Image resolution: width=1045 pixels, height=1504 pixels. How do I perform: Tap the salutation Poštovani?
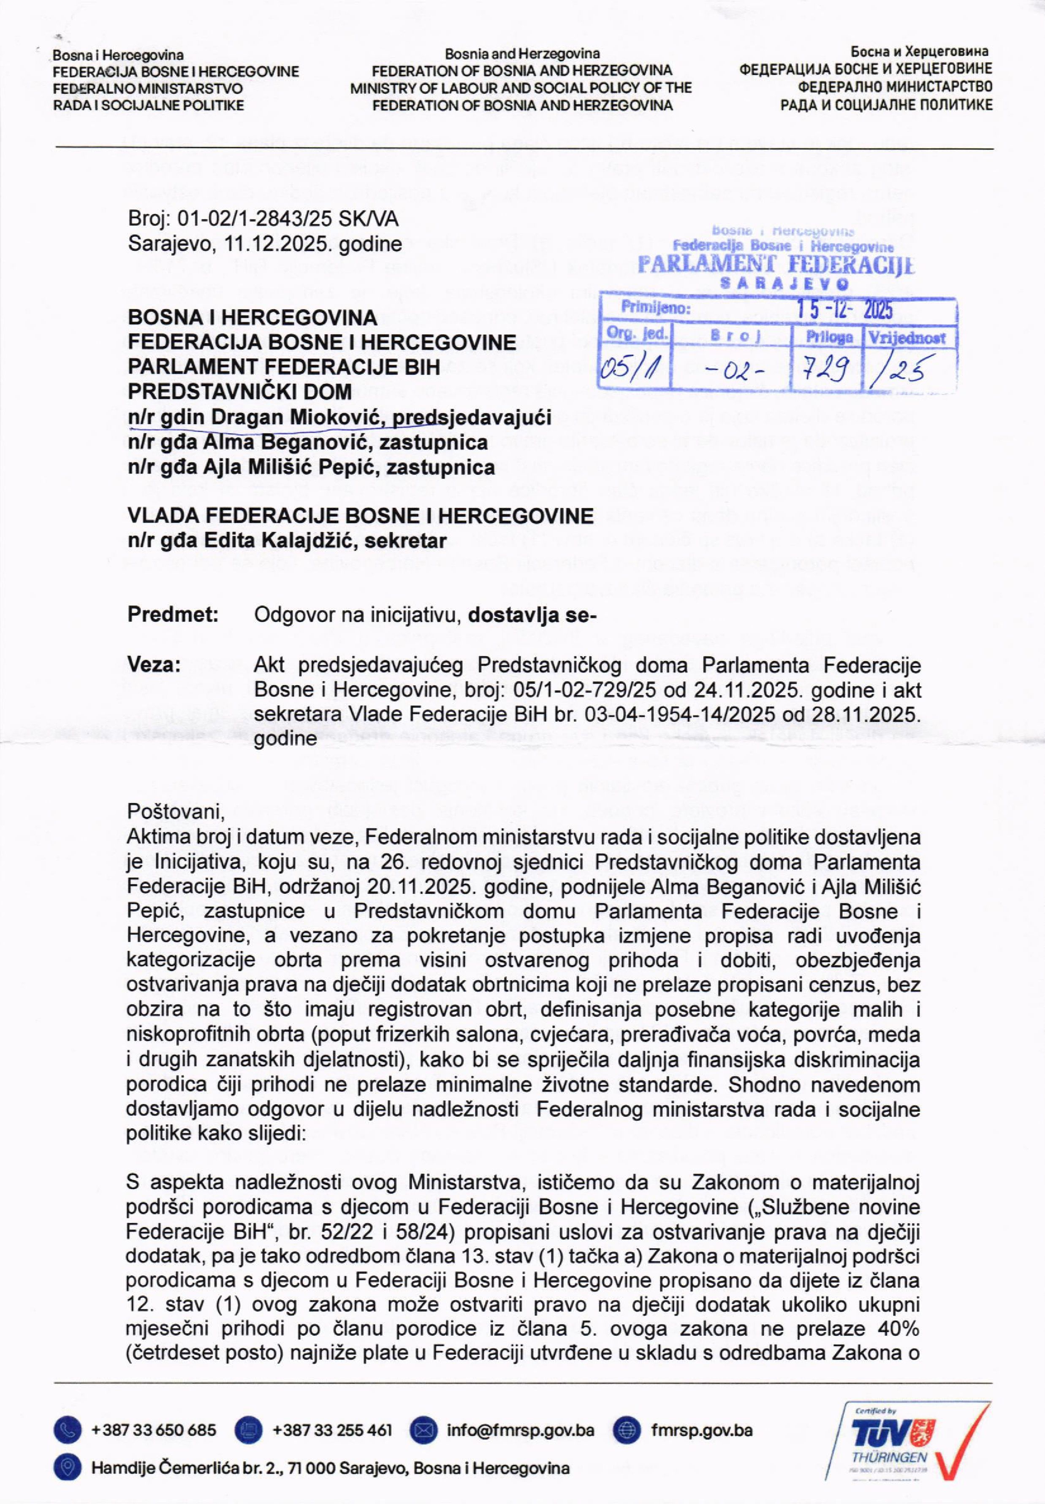point(176,812)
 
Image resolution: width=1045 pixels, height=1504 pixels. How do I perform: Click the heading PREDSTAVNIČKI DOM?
point(240,391)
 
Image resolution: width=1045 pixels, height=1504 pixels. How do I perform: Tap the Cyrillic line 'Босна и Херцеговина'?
point(919,51)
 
